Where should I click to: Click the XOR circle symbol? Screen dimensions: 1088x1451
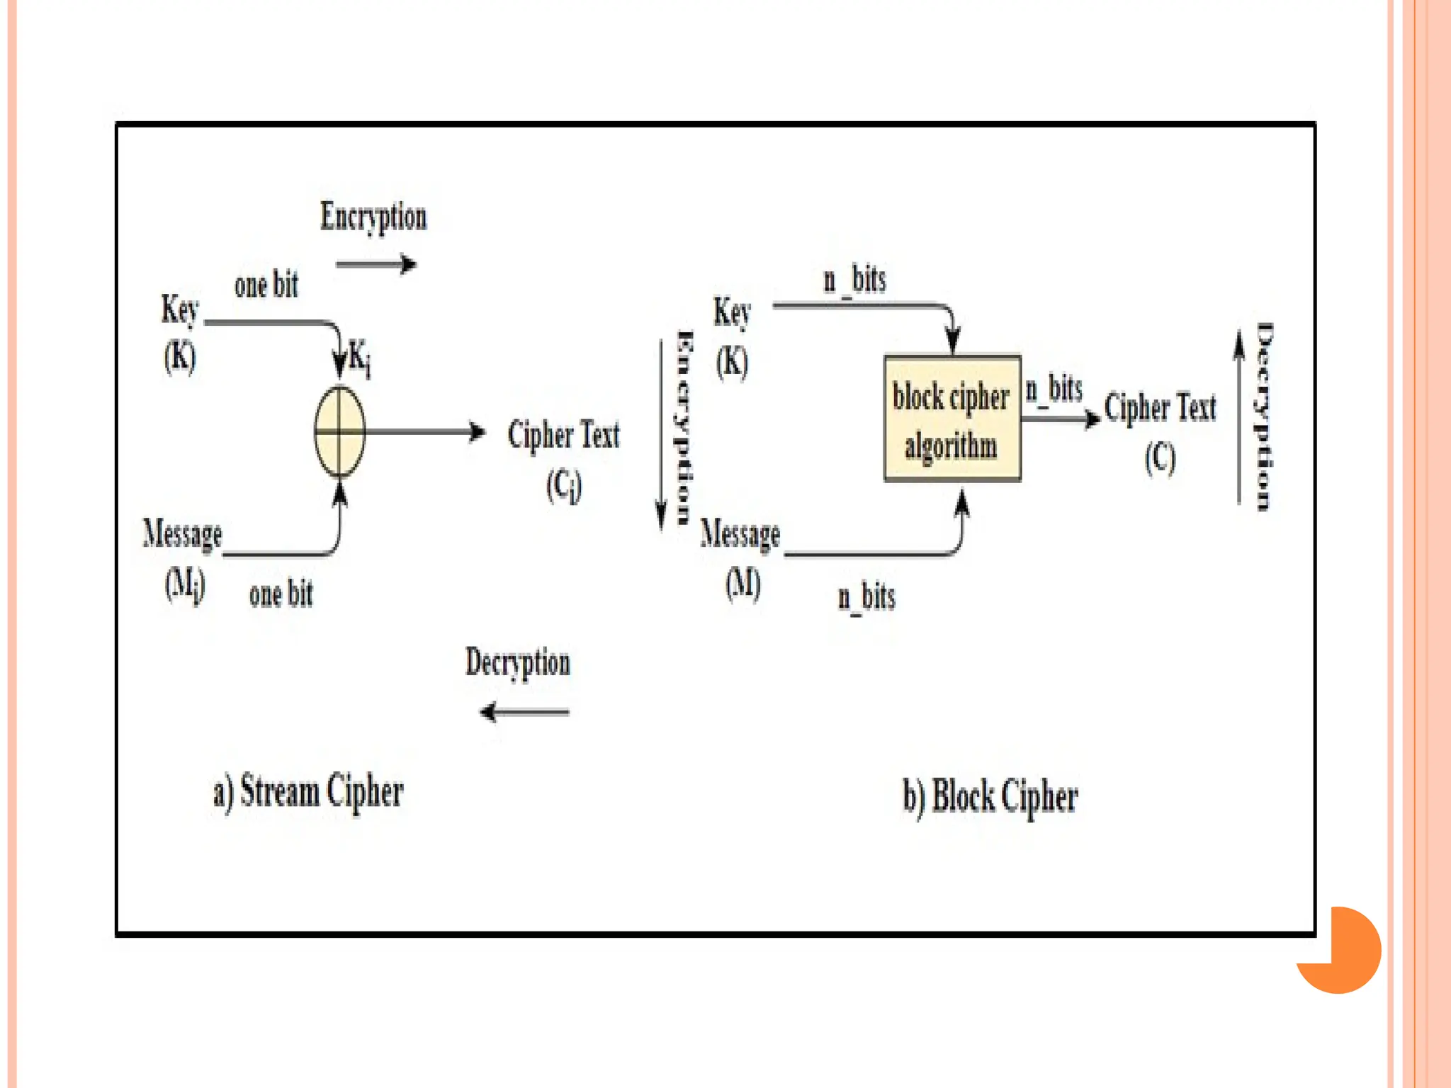pos(339,431)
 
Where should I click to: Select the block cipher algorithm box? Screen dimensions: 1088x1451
pos(952,419)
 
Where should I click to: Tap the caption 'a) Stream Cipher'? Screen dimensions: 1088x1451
pos(308,793)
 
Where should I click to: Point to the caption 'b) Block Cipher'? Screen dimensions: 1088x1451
pos(990,797)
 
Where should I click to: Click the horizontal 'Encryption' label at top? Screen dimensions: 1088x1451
pos(373,217)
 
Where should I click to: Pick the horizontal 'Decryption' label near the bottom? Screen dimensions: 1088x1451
pos(517,663)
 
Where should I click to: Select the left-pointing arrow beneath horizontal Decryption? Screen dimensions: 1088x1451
pos(524,712)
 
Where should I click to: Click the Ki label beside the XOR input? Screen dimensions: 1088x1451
pos(359,357)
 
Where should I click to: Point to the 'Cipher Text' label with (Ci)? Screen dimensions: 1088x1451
pos(563,435)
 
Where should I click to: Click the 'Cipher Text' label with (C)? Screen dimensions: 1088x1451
pos(1160,409)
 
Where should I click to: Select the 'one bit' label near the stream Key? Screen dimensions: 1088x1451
pos(266,285)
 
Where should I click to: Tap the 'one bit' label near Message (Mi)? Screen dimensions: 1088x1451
pos(281,594)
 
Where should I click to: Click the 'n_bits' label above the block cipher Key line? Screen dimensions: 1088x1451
pos(854,280)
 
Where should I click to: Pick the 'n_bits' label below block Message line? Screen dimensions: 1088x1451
pos(866,597)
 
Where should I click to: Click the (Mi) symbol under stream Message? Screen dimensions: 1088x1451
pos(184,585)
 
